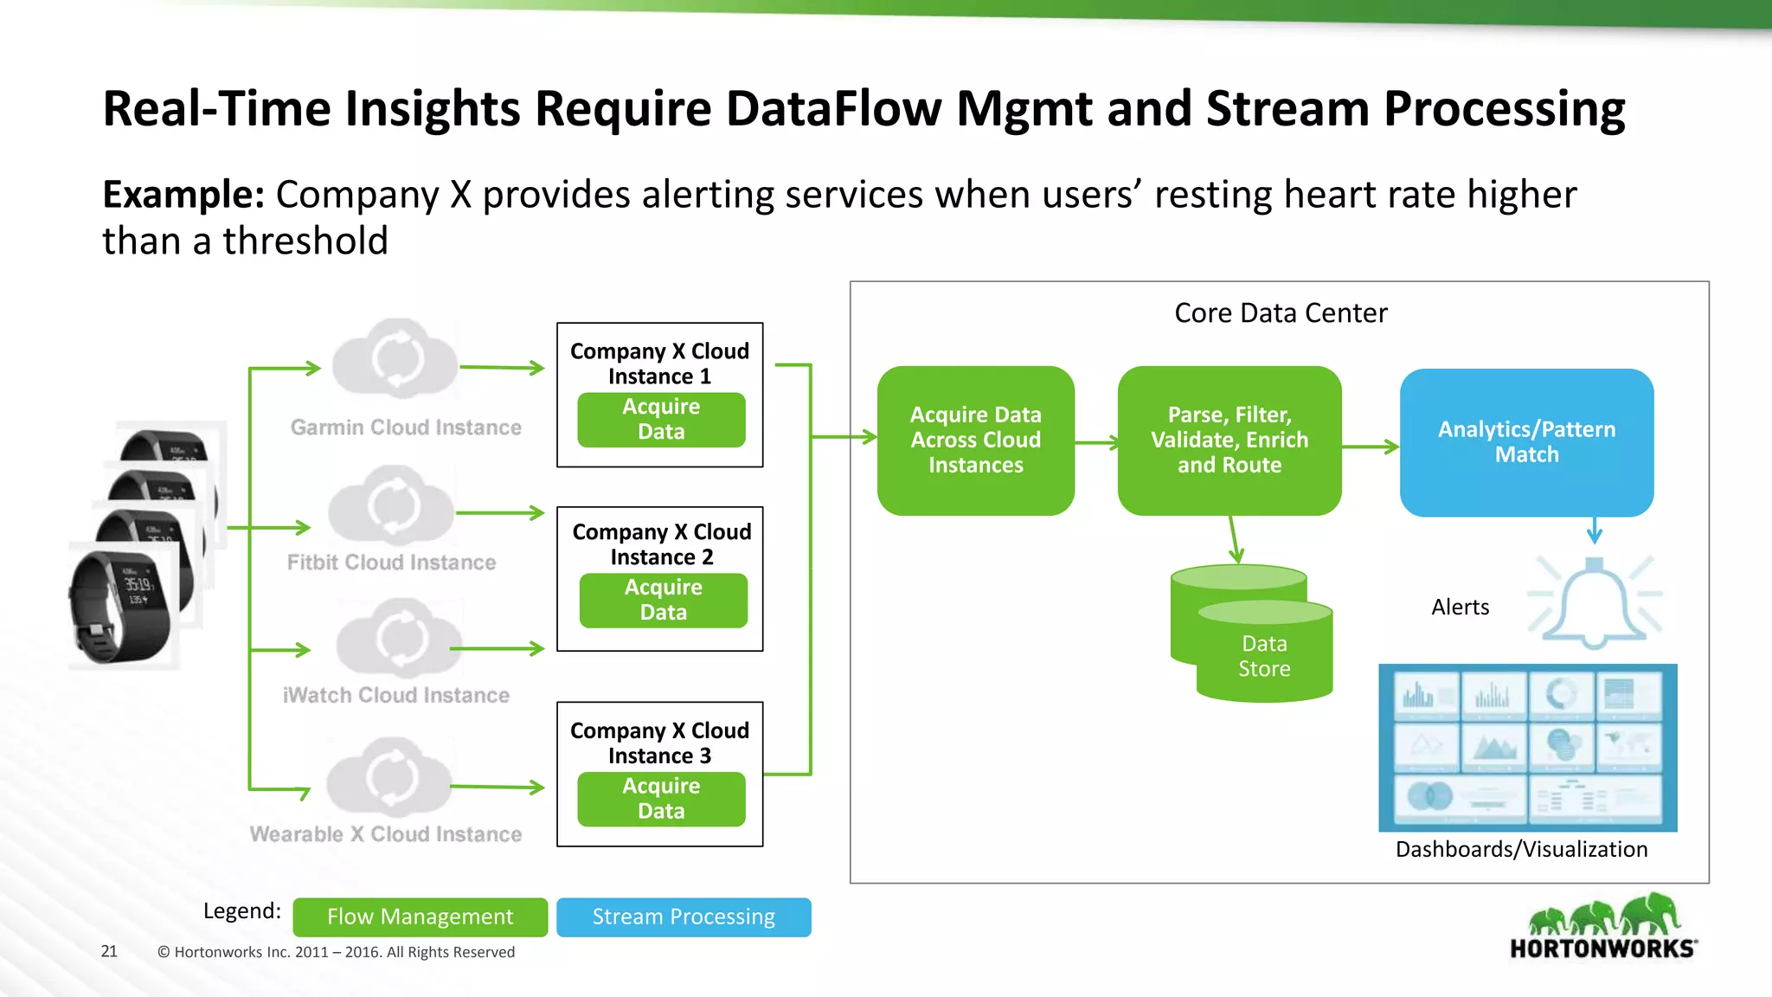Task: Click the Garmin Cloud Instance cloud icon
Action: tap(396, 358)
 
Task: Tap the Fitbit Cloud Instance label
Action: tap(391, 563)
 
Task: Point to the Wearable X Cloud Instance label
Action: tap(386, 834)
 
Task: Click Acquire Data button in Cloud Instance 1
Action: tap(661, 420)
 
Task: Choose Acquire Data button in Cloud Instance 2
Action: tap(663, 600)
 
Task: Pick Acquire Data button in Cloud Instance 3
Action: tap(661, 799)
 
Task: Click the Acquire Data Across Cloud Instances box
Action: tap(975, 441)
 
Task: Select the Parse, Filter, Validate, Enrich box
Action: tap(1229, 441)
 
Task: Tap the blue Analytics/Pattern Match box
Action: tap(1526, 442)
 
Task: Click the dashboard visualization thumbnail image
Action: tap(1527, 748)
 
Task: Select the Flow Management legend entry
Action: tap(420, 917)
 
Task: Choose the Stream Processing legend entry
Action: tap(684, 917)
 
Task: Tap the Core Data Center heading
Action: tap(1280, 313)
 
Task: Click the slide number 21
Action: tap(109, 952)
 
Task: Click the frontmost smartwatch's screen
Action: tap(139, 588)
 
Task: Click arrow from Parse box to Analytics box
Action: tap(1371, 447)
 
